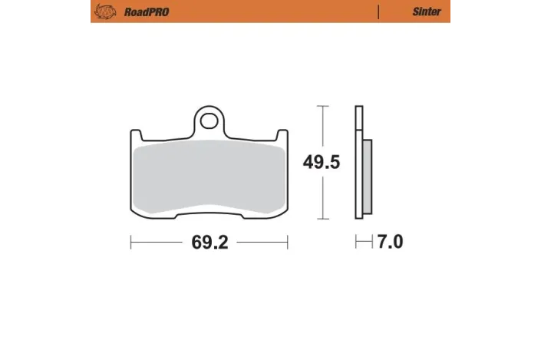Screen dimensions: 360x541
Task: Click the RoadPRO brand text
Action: click(x=146, y=12)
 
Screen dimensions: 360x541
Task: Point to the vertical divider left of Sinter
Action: click(x=378, y=12)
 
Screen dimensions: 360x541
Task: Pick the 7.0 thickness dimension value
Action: click(x=390, y=243)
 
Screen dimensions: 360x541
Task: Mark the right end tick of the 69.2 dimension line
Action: click(x=287, y=243)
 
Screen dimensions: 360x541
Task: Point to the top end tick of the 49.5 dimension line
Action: click(x=324, y=106)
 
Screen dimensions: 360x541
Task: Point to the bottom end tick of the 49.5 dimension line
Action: click(x=324, y=220)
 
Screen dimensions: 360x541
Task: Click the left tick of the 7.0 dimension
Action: click(x=355, y=243)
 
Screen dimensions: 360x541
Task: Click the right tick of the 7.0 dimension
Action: click(x=371, y=243)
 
